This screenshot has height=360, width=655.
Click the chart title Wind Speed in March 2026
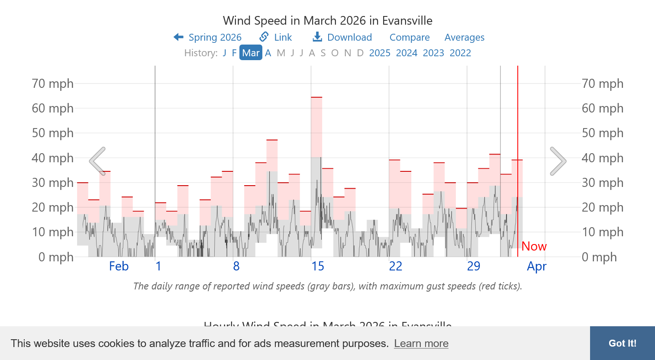point(327,21)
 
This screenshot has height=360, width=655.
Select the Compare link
point(410,38)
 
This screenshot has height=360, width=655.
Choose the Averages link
point(464,38)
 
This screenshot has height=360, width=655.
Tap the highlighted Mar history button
point(251,53)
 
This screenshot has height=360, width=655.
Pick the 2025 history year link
point(380,53)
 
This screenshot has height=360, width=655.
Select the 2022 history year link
point(460,53)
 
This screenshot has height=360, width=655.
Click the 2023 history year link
point(433,53)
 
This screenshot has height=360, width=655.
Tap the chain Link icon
point(264,37)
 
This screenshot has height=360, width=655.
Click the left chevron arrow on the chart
point(98,161)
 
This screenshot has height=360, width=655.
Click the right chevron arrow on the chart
point(558,161)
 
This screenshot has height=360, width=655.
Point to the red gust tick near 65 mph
point(316,97)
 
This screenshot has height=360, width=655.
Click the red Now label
point(534,246)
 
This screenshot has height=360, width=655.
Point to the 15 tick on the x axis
point(318,266)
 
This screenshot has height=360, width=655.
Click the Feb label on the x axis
point(119,266)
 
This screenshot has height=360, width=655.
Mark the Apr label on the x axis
point(536,266)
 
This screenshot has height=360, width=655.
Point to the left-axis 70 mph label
point(52,84)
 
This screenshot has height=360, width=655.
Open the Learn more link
point(421,344)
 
